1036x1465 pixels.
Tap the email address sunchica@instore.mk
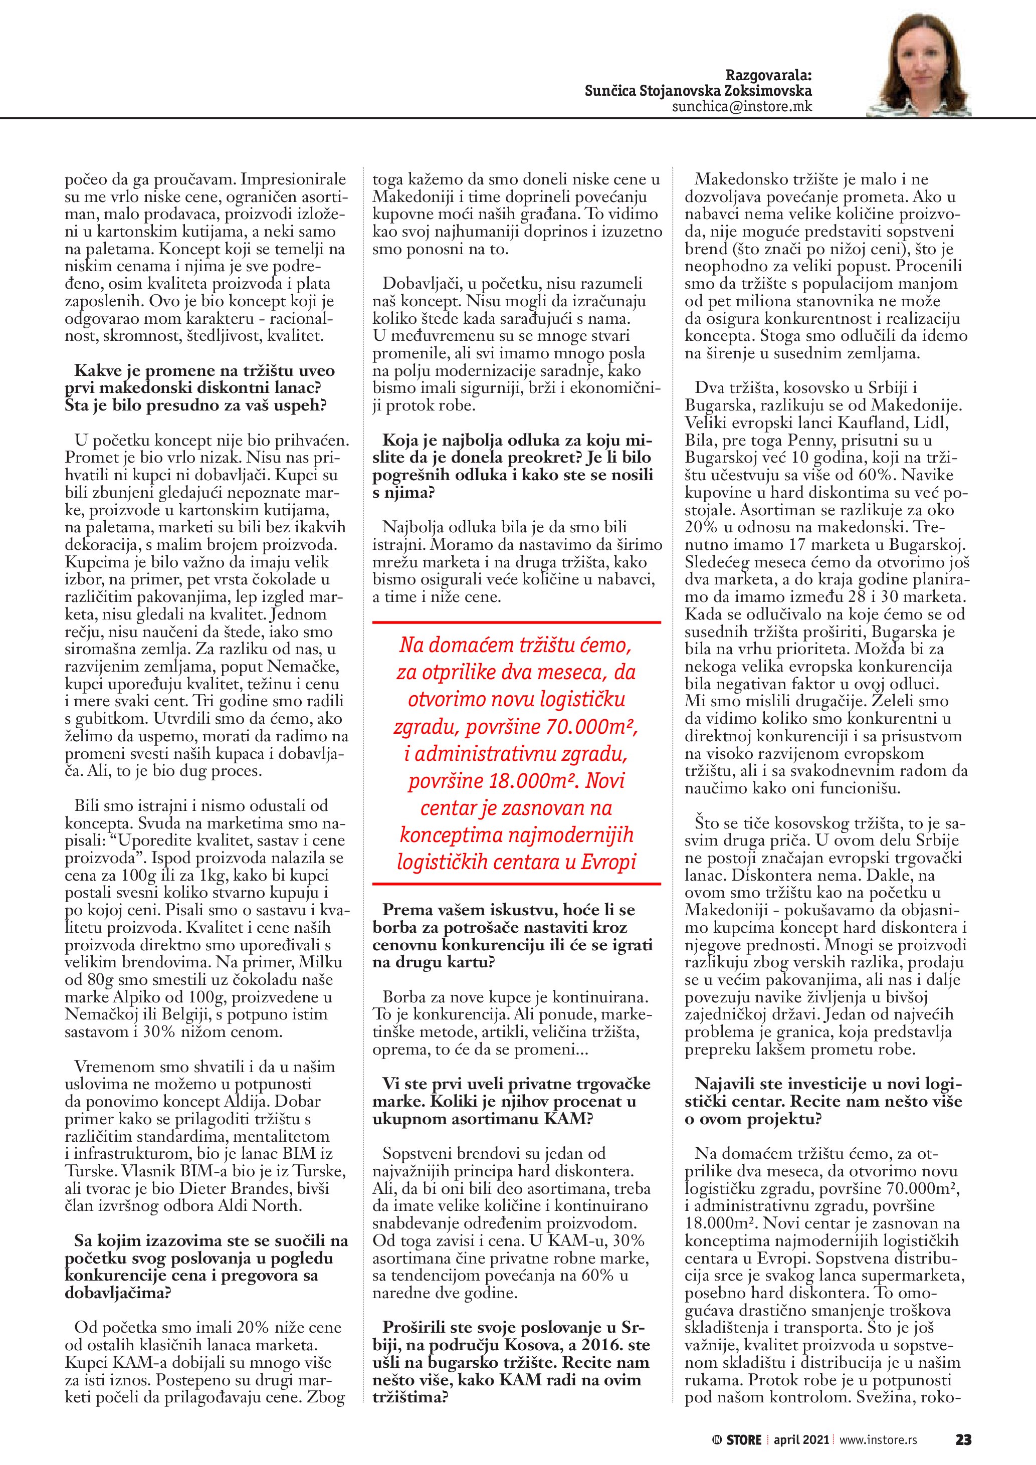(742, 107)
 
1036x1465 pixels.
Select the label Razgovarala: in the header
(769, 76)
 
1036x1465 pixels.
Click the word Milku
(323, 962)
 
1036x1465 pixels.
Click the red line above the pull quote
(517, 621)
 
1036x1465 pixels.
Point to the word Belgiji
(171, 1014)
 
